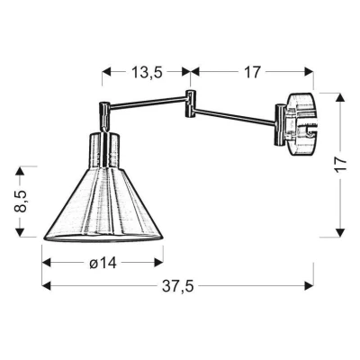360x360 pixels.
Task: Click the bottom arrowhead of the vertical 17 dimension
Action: tap(341, 235)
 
